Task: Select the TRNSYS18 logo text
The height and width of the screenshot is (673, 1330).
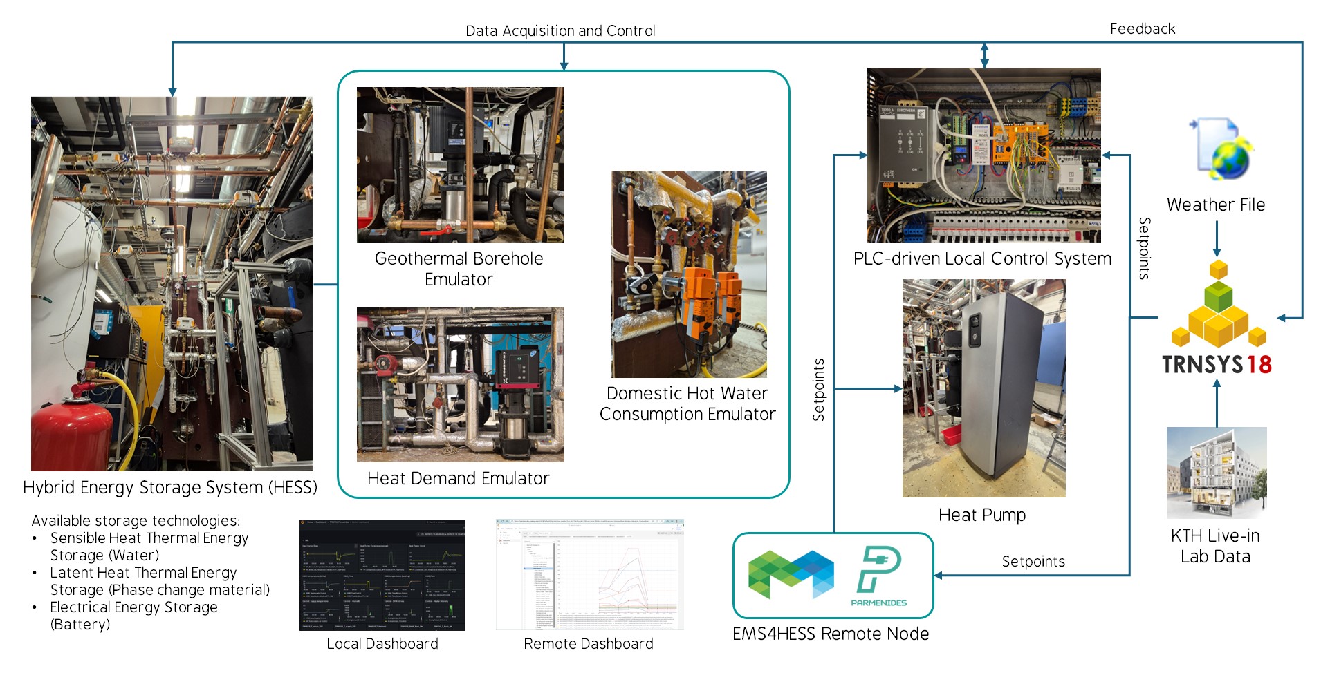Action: pos(1217,364)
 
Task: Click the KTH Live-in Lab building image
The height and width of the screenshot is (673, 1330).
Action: pos(1217,473)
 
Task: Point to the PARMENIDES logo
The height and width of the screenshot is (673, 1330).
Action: pos(878,576)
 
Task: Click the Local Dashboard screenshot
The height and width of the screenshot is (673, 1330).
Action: pos(382,575)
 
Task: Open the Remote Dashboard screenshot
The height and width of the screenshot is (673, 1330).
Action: pos(589,575)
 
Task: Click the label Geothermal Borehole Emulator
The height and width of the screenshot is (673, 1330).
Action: pos(459,269)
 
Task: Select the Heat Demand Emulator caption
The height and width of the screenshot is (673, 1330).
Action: pos(458,478)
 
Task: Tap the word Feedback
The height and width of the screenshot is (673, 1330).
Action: pos(1143,29)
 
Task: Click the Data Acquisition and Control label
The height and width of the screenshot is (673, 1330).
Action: pos(560,31)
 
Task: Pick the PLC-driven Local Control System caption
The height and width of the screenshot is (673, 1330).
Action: pos(982,259)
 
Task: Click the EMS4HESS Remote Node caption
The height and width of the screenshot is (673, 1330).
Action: pos(831,634)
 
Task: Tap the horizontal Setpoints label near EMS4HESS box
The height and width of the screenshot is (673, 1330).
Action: pos(1033,562)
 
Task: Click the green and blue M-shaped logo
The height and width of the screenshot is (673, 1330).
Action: pos(791,574)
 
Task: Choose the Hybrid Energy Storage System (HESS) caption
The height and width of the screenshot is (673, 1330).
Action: pos(170,487)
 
